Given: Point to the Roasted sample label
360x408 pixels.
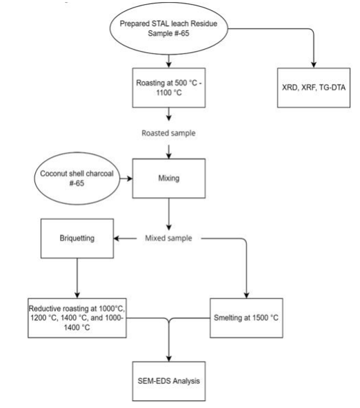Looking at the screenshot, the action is (169, 133).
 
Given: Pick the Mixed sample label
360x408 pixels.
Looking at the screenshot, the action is (169, 238).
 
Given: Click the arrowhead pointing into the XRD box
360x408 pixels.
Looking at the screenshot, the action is (314, 65).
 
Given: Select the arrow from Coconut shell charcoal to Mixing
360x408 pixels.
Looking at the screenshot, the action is (126, 178).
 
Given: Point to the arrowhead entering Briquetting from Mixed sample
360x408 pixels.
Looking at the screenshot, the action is (117, 238).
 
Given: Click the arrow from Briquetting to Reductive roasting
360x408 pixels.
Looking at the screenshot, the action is (77, 278).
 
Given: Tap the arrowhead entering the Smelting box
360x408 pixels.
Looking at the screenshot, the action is (246, 296).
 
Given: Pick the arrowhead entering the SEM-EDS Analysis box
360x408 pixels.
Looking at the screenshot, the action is (169, 358).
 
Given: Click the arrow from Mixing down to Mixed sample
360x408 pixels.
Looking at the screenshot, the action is (169, 214).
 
